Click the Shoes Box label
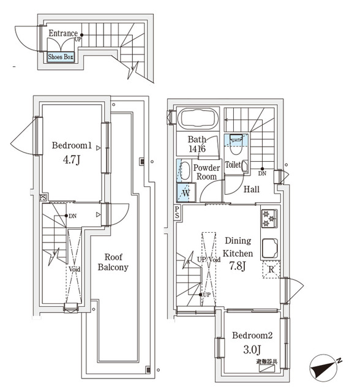pos(61,57)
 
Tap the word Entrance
pos(62,34)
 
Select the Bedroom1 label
pos(72,146)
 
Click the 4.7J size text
pos(72,162)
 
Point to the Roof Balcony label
pos(113,262)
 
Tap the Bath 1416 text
pos(197,144)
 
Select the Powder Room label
pos(206,171)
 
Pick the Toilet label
pos(233,165)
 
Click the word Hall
pos(252,190)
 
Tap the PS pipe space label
pos(177,213)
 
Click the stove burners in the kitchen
pos(269,219)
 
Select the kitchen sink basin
pos(270,248)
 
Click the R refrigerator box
pos(271,269)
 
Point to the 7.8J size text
pos(238,266)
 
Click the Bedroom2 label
pos(252,336)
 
